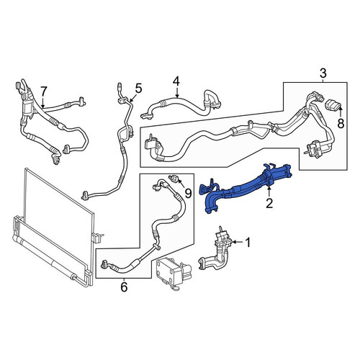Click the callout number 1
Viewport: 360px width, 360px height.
248,243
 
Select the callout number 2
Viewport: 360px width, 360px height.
269,203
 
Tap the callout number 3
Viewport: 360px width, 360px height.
323,73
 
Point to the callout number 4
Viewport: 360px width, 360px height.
176,81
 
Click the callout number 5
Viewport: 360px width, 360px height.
138,89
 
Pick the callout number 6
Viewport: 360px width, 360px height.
124,287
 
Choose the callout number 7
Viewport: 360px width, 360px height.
43,91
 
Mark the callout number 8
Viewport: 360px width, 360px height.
341,124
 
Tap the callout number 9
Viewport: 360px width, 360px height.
189,193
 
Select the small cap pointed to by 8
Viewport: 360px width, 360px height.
333,106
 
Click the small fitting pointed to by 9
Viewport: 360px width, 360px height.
174,179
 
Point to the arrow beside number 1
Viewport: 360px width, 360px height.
238,242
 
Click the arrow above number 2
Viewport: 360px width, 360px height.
269,192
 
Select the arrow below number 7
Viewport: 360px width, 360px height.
42,102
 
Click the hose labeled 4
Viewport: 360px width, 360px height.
182,106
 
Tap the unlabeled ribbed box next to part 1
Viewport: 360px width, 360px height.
173,274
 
